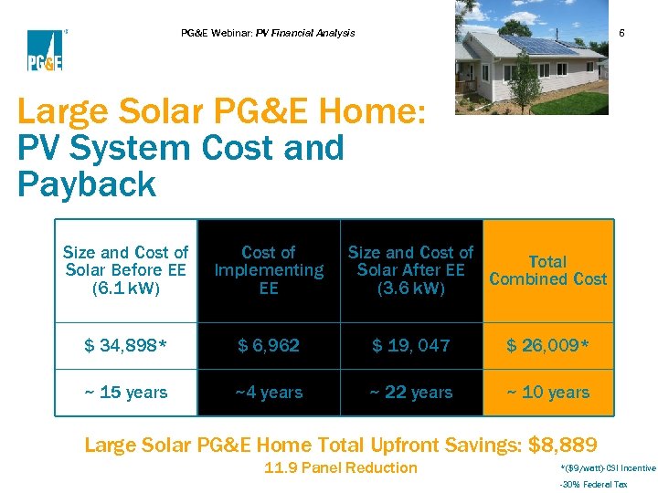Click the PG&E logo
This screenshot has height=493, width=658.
(44, 50)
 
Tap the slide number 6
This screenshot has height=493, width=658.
(621, 33)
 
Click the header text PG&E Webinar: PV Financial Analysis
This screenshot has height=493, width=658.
(268, 33)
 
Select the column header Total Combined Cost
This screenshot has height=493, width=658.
(547, 270)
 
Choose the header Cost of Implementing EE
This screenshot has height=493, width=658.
(269, 270)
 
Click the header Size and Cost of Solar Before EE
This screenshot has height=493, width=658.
(126, 270)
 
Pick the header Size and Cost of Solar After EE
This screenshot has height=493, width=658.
(410, 270)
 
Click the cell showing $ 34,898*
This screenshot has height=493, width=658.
(126, 345)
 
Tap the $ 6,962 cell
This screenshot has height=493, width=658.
(269, 345)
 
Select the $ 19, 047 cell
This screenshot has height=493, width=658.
(410, 345)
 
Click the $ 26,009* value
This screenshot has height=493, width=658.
(547, 345)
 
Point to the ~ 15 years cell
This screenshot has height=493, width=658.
(126, 393)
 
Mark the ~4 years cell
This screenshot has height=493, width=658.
(269, 393)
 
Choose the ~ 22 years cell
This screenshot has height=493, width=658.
(410, 393)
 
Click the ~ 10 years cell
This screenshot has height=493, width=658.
(547, 393)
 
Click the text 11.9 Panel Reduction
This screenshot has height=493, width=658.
(340, 468)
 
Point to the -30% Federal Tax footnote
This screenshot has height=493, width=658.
(593, 486)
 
